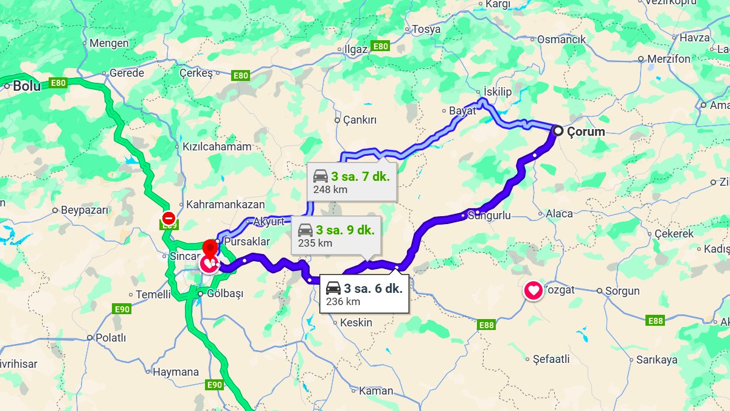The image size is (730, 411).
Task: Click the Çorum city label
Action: pyautogui.click(x=585, y=132)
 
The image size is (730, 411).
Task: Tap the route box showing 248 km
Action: pyautogui.click(x=352, y=182)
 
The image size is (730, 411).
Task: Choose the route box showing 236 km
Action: pyautogui.click(x=364, y=295)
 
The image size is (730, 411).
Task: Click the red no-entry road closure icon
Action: pyautogui.click(x=169, y=217)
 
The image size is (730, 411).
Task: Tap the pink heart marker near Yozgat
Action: pyautogui.click(x=534, y=290)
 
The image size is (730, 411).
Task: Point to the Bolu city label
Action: pyautogui.click(x=27, y=86)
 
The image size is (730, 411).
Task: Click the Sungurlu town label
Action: pyautogui.click(x=489, y=215)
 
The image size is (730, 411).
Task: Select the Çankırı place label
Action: pyautogui.click(x=360, y=120)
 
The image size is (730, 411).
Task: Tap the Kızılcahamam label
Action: pyautogui.click(x=217, y=147)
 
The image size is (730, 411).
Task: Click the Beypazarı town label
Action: pyautogui.click(x=85, y=210)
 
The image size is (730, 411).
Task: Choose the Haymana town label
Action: pyautogui.click(x=176, y=371)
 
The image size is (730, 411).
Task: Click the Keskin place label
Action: pyautogui.click(x=356, y=323)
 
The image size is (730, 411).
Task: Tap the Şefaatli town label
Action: pyautogui.click(x=551, y=359)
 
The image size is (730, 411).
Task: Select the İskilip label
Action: pyautogui.click(x=498, y=91)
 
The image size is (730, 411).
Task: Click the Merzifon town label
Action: pyautogui.click(x=669, y=59)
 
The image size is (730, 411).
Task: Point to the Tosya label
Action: pyautogui.click(x=426, y=29)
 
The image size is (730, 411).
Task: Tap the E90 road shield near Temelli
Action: pyautogui.click(x=122, y=309)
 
